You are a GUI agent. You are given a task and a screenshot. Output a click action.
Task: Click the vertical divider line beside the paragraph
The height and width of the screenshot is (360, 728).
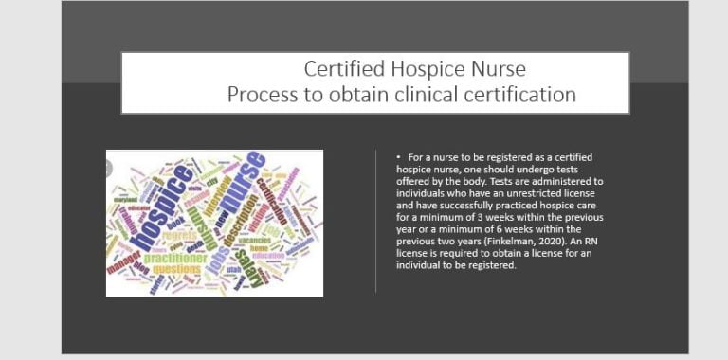point(376,219)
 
